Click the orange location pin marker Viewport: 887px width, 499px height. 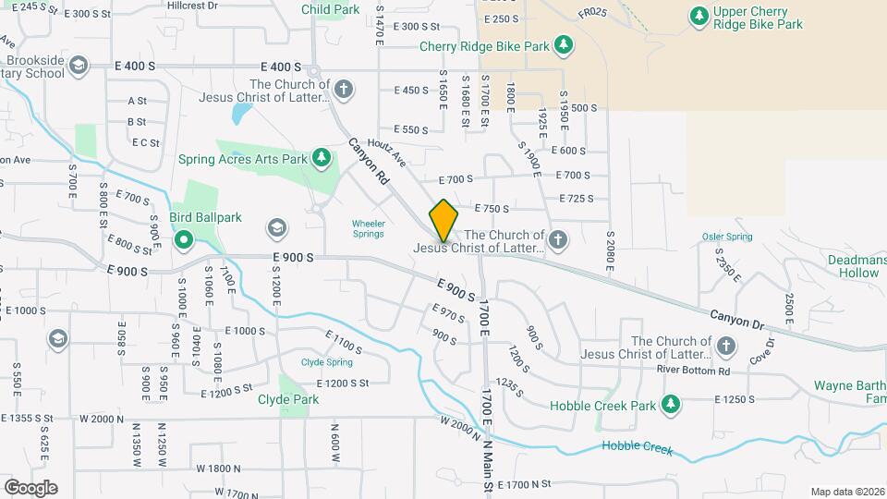(443, 220)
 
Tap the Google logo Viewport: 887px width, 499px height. (30, 487)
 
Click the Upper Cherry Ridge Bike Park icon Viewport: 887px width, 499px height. (699, 16)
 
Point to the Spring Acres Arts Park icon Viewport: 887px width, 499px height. (322, 159)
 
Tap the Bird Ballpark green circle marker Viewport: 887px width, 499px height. (184, 242)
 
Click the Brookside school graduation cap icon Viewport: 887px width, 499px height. (79, 65)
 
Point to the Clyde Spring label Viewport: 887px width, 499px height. (327, 362)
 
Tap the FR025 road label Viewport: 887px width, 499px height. (592, 13)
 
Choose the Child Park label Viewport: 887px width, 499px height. (330, 9)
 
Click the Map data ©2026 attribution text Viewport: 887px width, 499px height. (847, 492)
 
